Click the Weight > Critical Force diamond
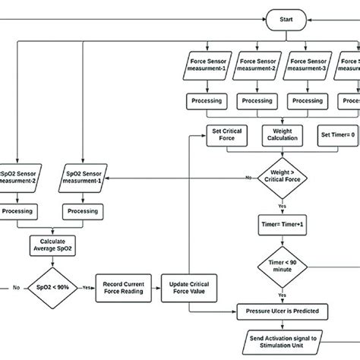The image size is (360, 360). (x=282, y=179)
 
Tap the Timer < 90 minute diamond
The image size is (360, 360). (x=282, y=267)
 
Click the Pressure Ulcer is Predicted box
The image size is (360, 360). (x=282, y=311)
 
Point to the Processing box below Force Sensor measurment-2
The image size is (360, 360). (x=259, y=101)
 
